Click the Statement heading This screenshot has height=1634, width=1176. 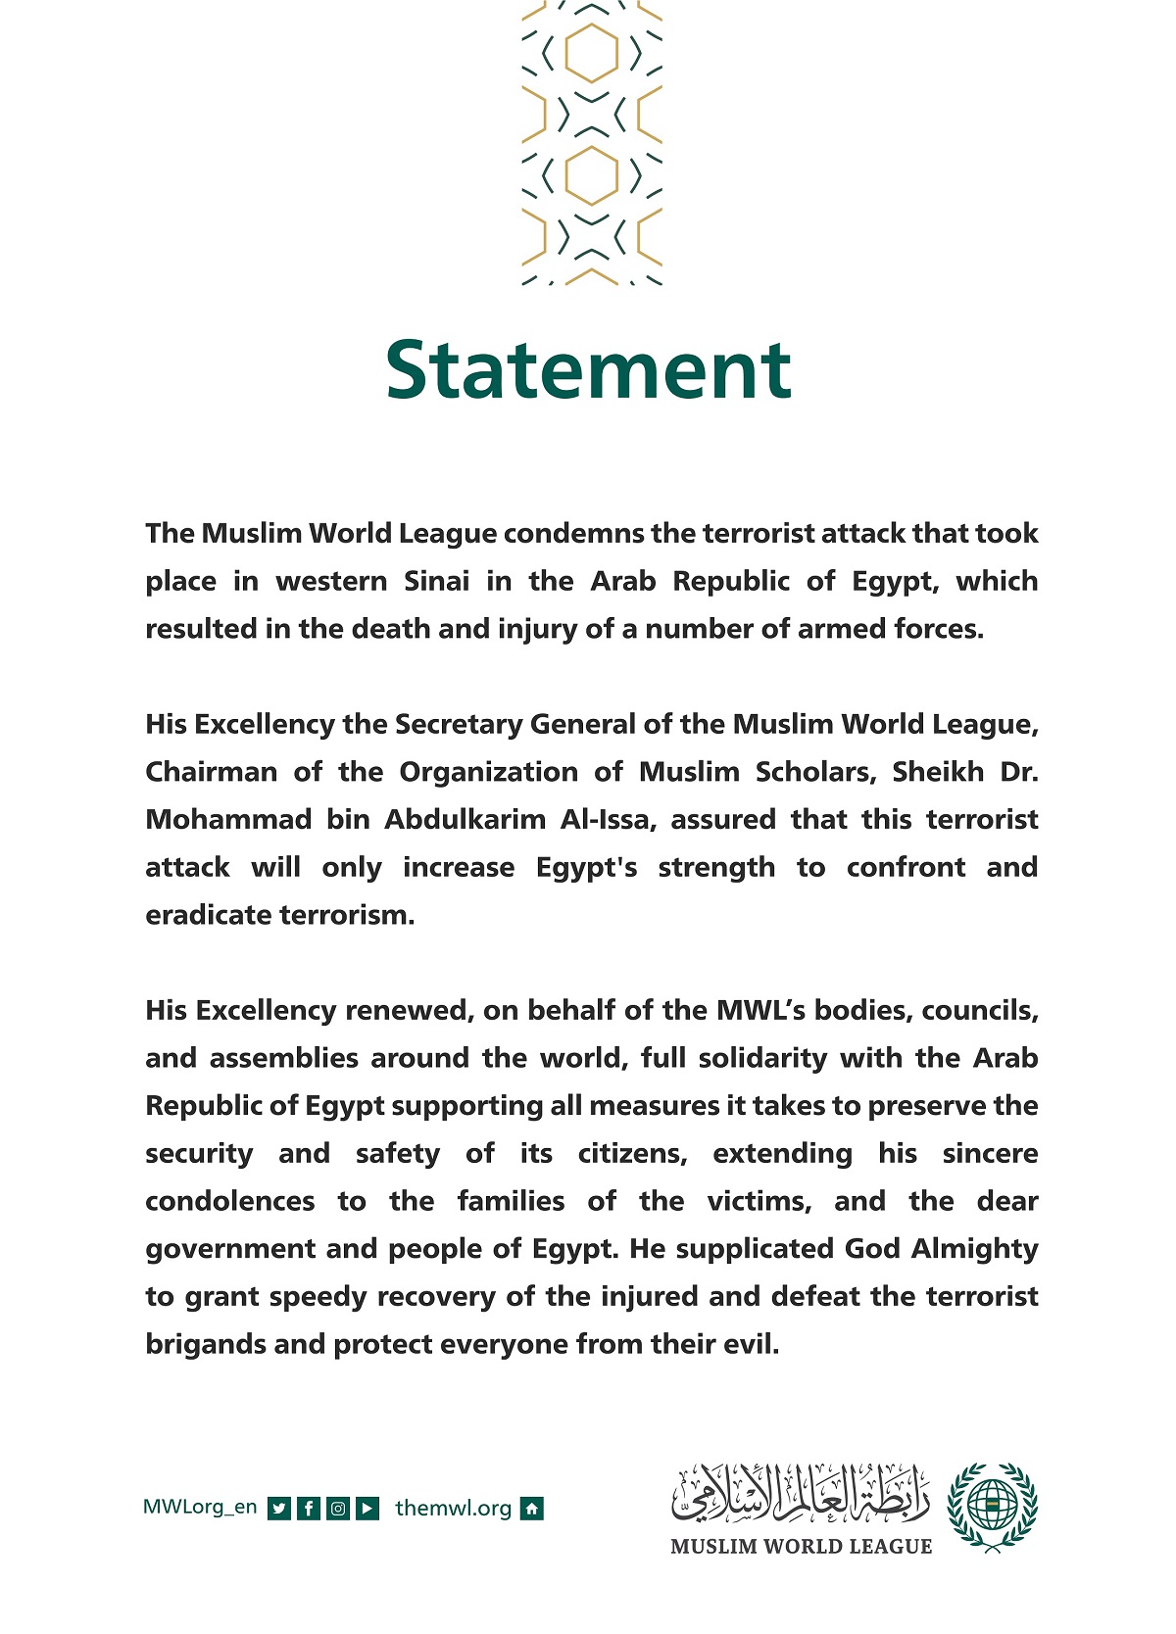(588, 369)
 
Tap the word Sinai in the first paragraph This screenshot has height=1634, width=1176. (437, 581)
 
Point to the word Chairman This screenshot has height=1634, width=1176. (211, 772)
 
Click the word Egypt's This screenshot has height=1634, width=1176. (586, 868)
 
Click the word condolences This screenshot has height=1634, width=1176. (230, 1201)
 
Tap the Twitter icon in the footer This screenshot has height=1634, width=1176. (279, 1509)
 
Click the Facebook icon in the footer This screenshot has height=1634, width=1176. (309, 1509)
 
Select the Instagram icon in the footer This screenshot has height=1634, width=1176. (338, 1509)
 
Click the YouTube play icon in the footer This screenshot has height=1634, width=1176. (367, 1509)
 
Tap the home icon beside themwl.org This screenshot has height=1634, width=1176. (531, 1509)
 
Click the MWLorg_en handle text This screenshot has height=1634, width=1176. (200, 1508)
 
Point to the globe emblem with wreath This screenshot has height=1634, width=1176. (992, 1507)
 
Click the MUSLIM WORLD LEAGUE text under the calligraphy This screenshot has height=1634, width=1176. (801, 1547)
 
